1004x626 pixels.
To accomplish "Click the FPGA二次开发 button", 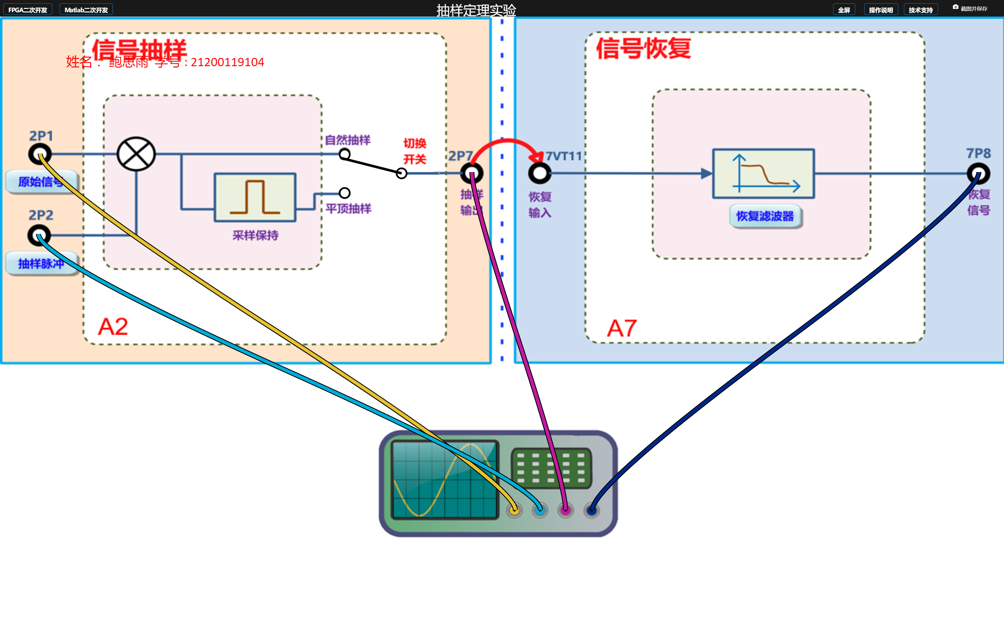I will [28, 10].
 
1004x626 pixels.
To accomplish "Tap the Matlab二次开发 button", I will [86, 10].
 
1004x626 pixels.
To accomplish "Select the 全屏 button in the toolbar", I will [844, 10].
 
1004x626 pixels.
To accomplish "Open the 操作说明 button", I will [881, 10].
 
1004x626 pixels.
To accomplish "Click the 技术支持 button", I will [920, 10].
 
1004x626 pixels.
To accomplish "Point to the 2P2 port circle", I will [39, 236].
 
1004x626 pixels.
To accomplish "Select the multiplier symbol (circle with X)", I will [136, 154].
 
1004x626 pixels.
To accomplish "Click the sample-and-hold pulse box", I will [255, 198].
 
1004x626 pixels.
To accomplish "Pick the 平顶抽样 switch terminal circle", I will [344, 193].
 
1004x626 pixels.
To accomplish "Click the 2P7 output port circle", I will [472, 173].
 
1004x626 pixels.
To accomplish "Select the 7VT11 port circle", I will [539, 173].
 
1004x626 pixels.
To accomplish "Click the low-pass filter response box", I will [763, 173].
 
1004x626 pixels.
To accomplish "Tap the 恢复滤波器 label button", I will [765, 216].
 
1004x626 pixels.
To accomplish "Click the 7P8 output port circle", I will [978, 173].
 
